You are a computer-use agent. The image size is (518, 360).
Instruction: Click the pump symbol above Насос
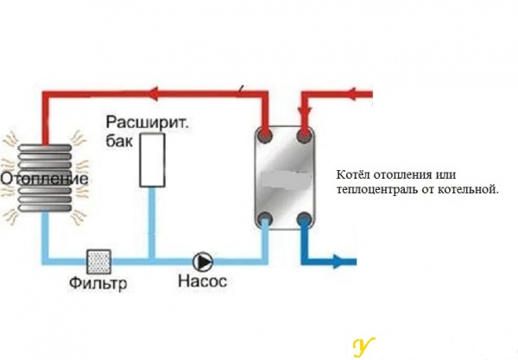coord(203,262)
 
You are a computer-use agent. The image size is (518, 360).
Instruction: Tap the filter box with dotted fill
coord(98,262)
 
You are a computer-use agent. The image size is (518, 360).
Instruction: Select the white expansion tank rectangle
coord(152,161)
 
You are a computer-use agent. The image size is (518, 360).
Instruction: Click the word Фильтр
coord(98,283)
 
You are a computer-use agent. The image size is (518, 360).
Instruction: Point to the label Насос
coord(203,281)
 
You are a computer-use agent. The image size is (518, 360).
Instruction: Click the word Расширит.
coord(148,123)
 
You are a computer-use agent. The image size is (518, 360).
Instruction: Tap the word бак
coord(119,141)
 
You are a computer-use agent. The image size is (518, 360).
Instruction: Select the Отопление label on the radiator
coord(45,179)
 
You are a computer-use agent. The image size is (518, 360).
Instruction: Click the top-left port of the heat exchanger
coord(265,135)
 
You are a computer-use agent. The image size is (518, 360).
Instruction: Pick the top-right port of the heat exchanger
coord(305,135)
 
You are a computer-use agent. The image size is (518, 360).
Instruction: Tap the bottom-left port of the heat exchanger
coord(265,218)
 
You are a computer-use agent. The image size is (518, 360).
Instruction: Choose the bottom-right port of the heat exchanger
coord(305,218)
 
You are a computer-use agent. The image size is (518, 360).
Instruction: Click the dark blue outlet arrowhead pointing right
coord(339,262)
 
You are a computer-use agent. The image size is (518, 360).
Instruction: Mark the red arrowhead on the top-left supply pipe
coord(155,94)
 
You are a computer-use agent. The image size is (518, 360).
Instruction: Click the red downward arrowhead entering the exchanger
coord(305,111)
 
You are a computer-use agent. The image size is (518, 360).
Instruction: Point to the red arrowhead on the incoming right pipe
coord(353,94)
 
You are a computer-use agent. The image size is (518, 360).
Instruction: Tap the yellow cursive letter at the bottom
coord(363,347)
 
